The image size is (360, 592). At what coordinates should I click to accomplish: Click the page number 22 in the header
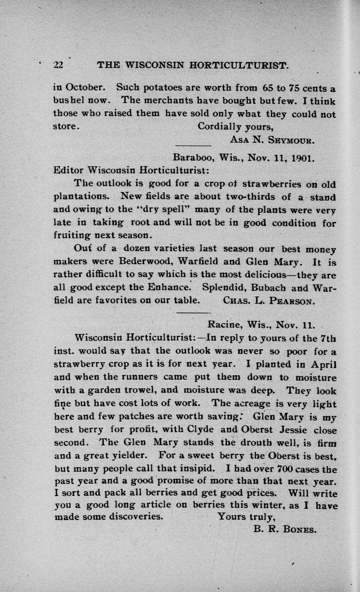58,65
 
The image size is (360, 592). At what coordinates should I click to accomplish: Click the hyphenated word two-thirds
243,197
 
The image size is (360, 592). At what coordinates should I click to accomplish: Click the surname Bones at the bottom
300,530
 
